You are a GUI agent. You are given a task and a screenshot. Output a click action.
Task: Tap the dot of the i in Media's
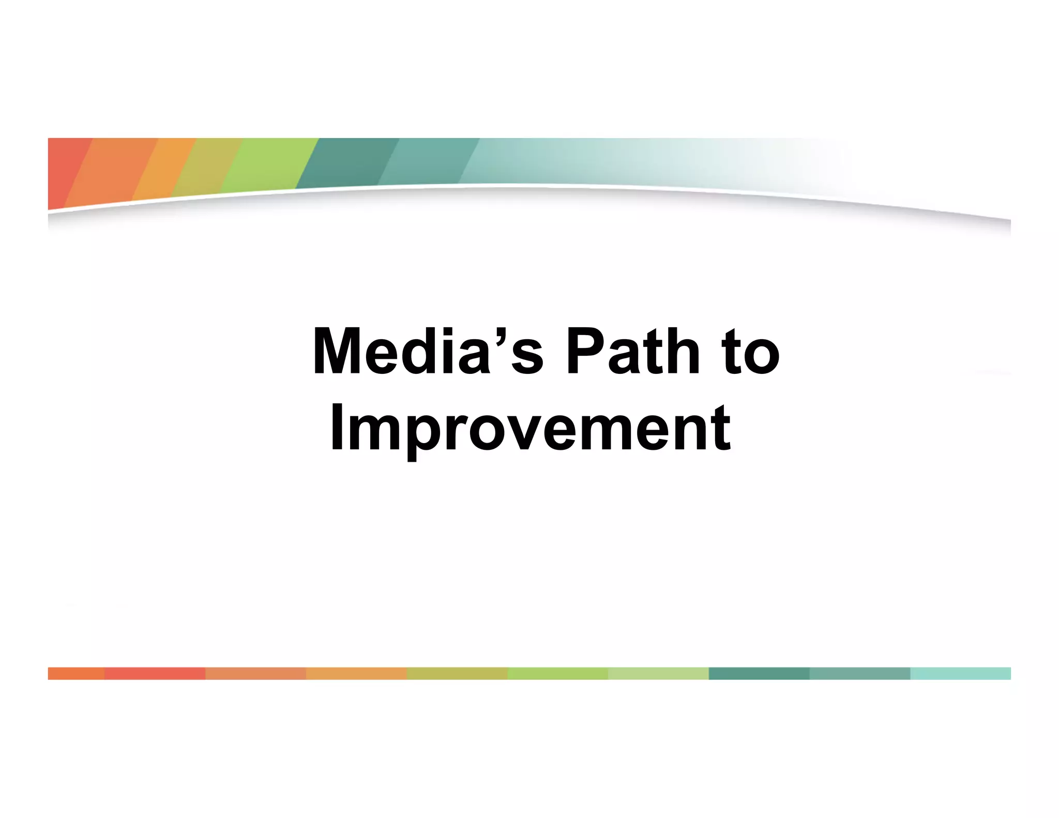[449, 332]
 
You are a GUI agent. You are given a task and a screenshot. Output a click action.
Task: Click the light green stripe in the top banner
[269, 163]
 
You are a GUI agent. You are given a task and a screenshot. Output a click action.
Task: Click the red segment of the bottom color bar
[155, 673]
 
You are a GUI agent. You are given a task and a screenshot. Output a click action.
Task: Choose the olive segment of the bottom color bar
[457, 673]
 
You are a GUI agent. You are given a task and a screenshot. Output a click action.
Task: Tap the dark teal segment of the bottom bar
[759, 673]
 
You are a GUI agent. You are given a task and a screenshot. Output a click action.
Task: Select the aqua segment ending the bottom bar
[960, 673]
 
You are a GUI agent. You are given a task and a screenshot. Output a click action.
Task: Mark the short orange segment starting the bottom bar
[76, 673]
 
